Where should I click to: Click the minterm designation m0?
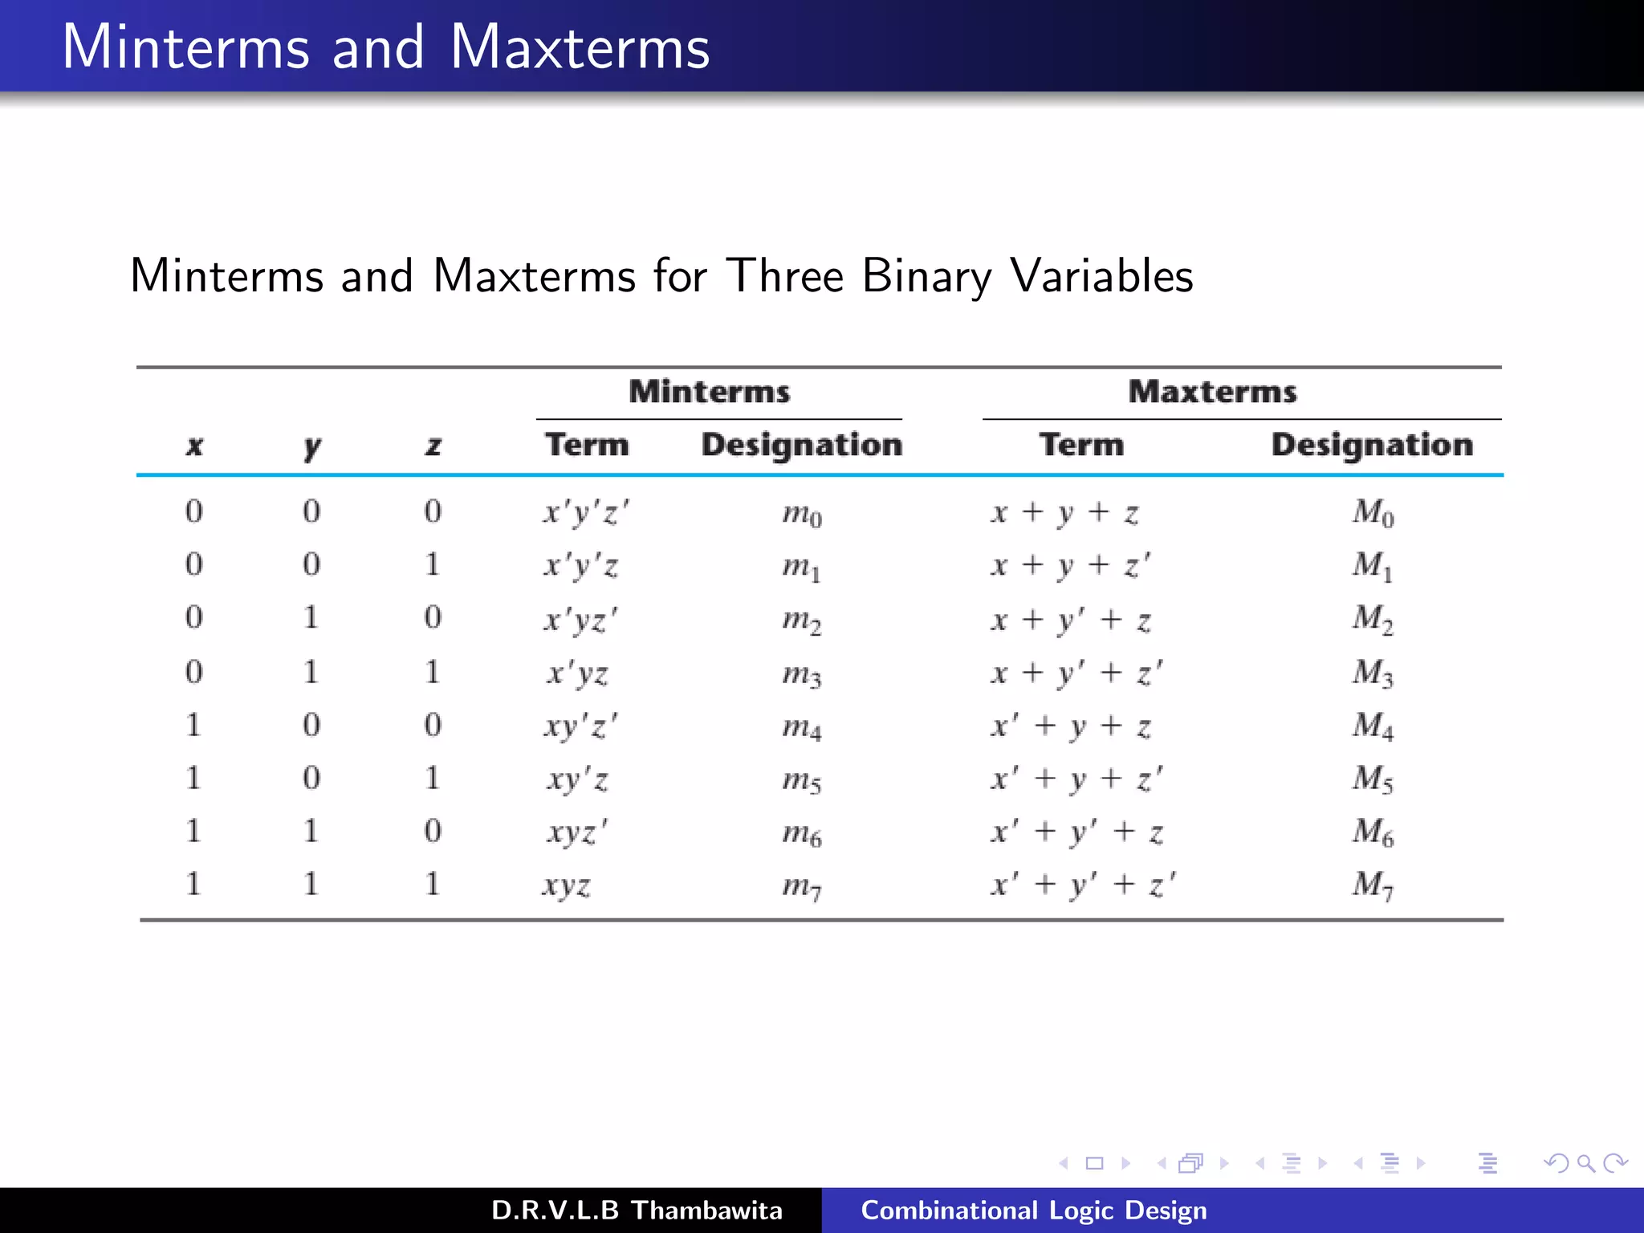coord(802,514)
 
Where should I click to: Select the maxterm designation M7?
coord(1373,885)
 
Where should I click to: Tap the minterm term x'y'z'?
coord(586,512)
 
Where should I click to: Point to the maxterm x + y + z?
coord(1064,512)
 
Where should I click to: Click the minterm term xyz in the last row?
coord(567,885)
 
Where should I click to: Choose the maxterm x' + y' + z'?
coord(1083,885)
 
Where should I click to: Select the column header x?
coord(194,446)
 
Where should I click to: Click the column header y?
coord(312,446)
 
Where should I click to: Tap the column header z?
coord(433,446)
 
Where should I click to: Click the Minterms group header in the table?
coord(710,392)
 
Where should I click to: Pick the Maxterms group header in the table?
coord(1212,392)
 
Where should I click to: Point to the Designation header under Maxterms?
coord(1372,445)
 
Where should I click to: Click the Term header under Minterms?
coord(587,445)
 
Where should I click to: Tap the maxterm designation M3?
coord(1373,673)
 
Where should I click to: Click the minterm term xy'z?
coord(578,779)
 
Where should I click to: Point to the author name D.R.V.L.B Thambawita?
coord(637,1210)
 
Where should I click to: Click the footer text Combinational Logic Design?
coord(1034,1210)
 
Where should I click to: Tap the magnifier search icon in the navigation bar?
coord(1585,1163)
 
